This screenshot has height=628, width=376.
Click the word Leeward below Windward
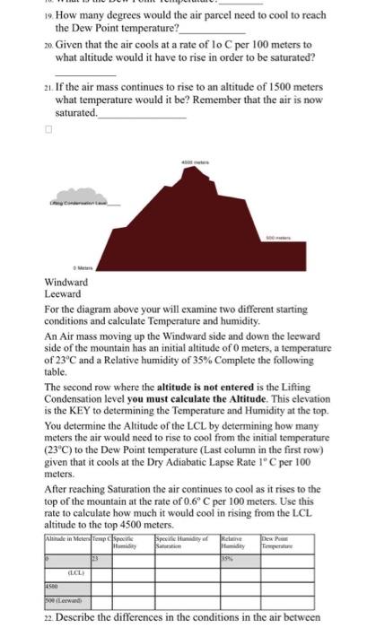coord(63,293)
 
